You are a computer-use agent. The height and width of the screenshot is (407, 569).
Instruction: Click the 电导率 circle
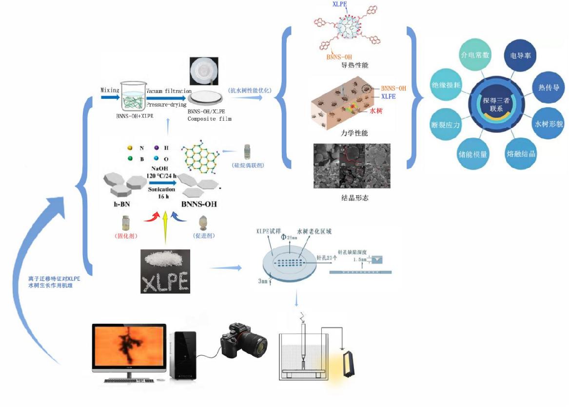coord(520,55)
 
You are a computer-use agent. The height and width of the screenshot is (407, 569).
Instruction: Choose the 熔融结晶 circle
coord(521,154)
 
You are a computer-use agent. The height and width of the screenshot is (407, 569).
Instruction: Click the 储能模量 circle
coord(473,154)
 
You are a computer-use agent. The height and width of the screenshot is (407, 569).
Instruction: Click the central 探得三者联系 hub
coord(496,104)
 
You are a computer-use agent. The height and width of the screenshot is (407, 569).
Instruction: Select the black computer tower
coord(183,355)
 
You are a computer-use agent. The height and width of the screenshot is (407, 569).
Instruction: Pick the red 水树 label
coord(376,111)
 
